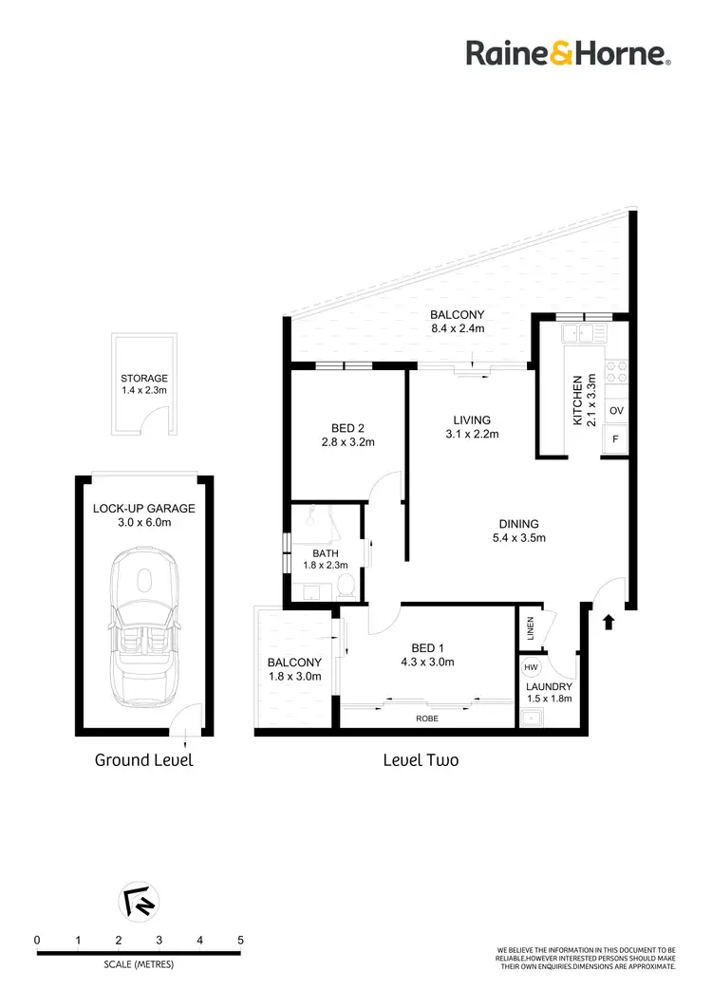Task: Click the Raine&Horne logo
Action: (x=569, y=53)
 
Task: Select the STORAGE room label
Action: (x=144, y=379)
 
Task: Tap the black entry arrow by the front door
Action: (x=609, y=622)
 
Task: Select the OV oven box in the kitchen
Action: (x=616, y=411)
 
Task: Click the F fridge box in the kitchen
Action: (x=616, y=439)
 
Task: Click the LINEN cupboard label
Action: (x=531, y=627)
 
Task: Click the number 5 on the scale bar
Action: (x=240, y=940)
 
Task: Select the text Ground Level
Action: (x=144, y=760)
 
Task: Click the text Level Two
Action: (x=421, y=760)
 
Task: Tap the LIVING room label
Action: (x=472, y=420)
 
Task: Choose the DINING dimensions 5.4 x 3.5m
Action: (x=518, y=539)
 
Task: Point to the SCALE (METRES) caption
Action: (x=139, y=964)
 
